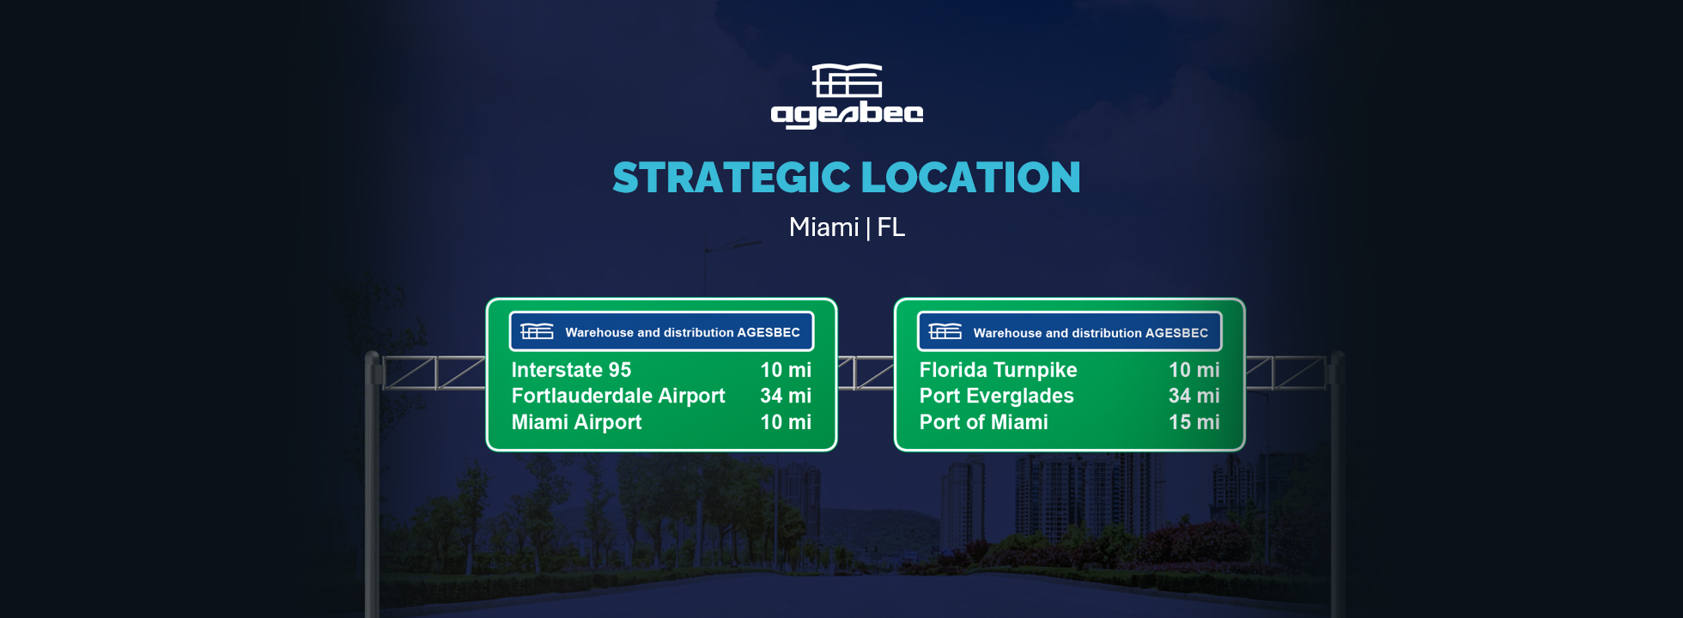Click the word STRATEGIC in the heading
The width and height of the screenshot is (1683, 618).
pos(732,178)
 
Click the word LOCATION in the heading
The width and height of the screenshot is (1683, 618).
pos(970,178)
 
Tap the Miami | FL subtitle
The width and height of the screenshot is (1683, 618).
pos(847,227)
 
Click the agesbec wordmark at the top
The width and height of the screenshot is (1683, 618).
pos(847,115)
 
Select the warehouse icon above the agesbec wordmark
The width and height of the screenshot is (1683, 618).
pos(848,80)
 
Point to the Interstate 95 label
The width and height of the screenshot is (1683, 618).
pos(571,370)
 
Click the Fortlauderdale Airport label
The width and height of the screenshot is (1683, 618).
pos(618,396)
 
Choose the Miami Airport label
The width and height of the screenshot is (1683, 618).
pos(576,422)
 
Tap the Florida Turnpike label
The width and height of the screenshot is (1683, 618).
pos(998,370)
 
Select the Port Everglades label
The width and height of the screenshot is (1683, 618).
pos(996,396)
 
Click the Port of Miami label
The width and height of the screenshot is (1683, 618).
pos(983,422)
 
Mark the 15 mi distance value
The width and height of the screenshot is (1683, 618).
pos(1194,422)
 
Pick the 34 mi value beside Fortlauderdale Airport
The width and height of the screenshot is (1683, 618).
pos(786,396)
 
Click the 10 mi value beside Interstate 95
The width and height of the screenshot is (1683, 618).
pos(786,370)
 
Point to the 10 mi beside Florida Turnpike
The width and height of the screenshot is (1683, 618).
pos(1194,370)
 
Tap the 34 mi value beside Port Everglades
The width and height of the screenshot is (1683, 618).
pos(1194,396)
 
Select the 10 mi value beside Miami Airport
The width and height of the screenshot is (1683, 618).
pos(786,422)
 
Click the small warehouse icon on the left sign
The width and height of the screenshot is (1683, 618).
pos(537,331)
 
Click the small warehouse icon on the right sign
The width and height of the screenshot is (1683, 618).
pos(945,331)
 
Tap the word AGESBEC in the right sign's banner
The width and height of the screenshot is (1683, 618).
pos(1176,333)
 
